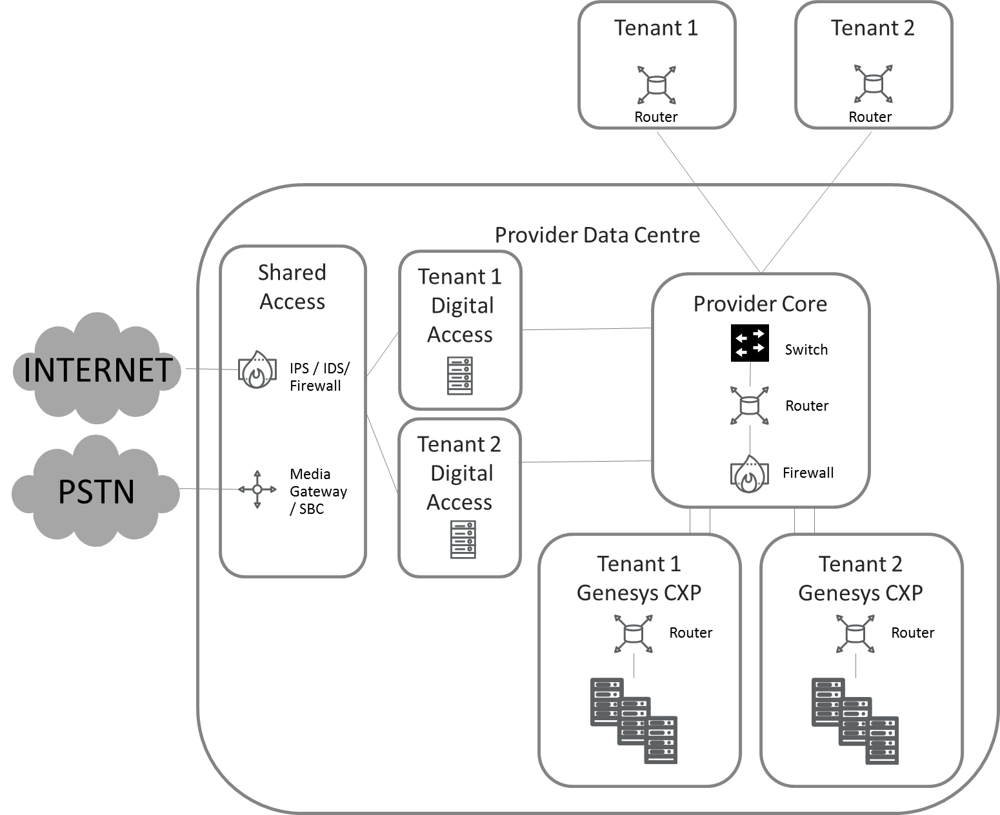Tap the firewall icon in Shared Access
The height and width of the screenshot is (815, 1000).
pos(257,369)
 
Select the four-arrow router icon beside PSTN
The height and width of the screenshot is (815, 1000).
pos(257,489)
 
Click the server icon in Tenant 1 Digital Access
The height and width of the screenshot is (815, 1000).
pos(460,376)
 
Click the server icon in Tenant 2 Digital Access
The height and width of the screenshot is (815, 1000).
pos(463,539)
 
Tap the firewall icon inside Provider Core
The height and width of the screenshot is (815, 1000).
pos(749,473)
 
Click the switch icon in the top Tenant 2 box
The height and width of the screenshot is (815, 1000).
pos(873,83)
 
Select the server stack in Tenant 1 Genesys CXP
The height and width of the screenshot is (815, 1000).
pos(634,720)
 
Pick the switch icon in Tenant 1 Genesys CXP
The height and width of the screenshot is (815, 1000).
pos(634,634)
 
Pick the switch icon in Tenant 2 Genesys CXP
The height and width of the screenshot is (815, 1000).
pos(855,634)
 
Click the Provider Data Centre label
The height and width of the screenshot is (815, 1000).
pos(597,235)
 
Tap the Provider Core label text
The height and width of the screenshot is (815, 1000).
pos(760,304)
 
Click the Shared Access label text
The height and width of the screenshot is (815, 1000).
pos(292,287)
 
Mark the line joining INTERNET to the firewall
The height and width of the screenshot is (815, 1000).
pos(212,369)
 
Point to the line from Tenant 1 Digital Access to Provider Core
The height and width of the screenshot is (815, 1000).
pos(586,329)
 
